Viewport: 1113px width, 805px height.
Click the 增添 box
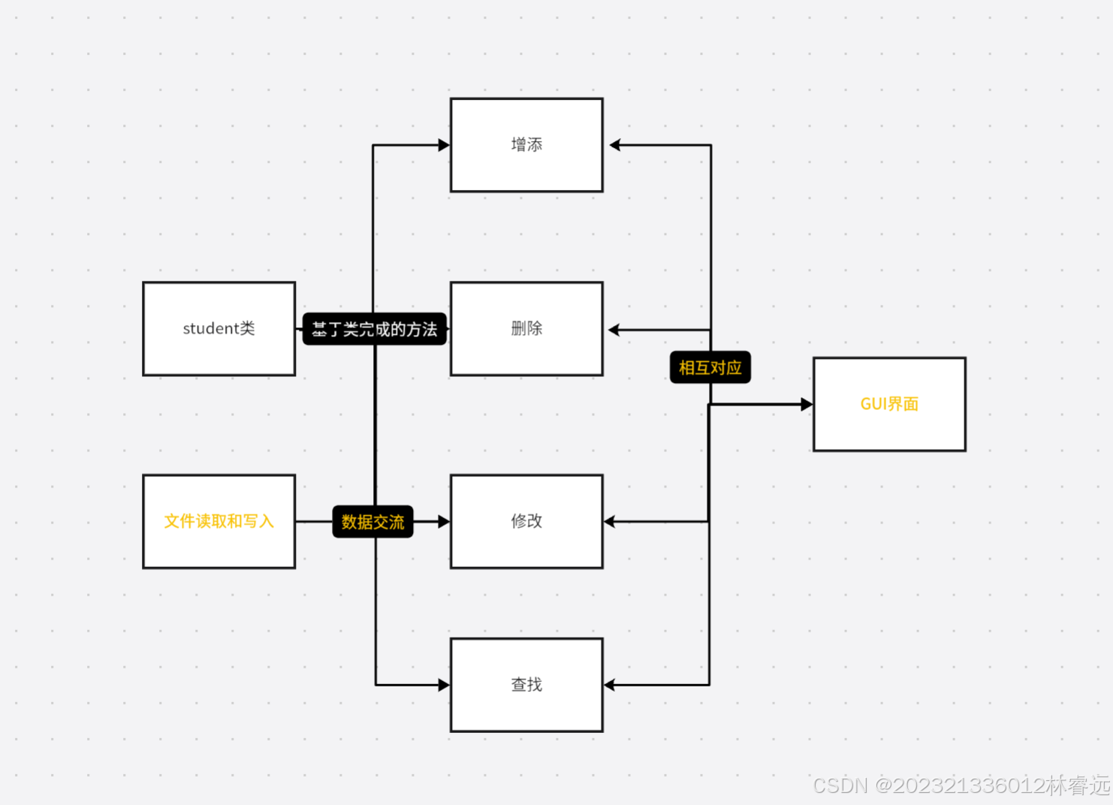(526, 145)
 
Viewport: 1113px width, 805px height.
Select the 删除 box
(526, 329)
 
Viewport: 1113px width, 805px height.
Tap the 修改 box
(526, 521)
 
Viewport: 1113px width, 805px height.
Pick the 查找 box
(526, 685)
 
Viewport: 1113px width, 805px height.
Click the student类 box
(219, 329)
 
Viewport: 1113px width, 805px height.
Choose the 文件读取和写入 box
(219, 521)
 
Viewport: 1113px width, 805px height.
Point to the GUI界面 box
(889, 404)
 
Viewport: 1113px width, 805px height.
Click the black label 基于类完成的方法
(374, 329)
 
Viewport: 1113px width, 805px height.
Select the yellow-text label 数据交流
(373, 522)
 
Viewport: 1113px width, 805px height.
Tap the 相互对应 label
(710, 368)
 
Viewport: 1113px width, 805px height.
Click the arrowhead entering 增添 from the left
(444, 145)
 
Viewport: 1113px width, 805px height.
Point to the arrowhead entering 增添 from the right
(615, 145)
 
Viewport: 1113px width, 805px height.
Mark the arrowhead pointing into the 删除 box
(614, 330)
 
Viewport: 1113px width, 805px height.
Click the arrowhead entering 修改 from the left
(444, 521)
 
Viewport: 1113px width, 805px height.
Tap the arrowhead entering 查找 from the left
(444, 685)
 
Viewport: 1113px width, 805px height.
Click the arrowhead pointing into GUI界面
(807, 404)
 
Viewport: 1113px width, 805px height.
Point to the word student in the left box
(210, 329)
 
